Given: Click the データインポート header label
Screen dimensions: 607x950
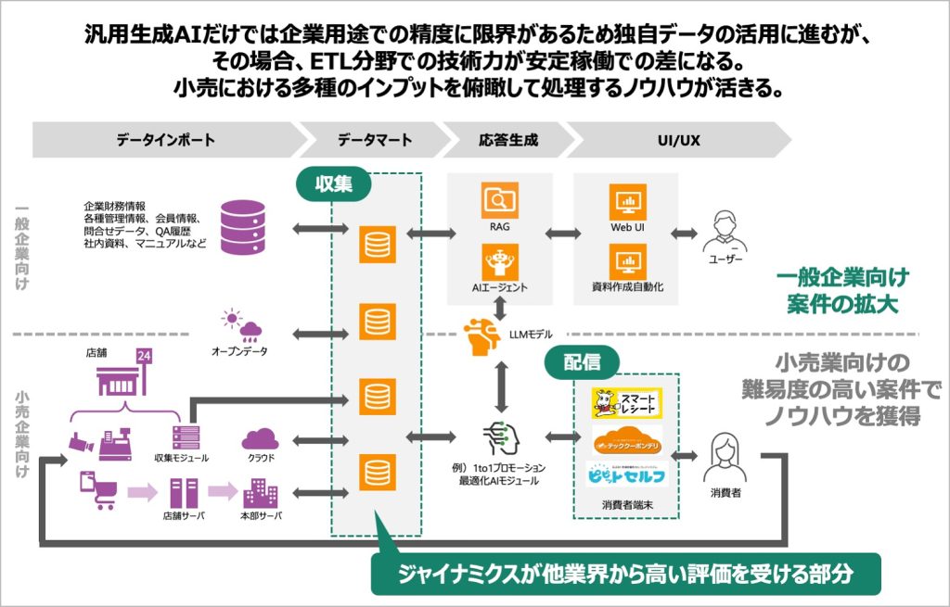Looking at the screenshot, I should [166, 140].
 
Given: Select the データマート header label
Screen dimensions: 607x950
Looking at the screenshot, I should [375, 140].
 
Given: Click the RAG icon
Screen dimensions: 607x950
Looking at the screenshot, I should [499, 201].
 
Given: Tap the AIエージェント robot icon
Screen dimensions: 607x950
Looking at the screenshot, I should [499, 260].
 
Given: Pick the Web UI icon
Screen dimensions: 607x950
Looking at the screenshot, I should [627, 201].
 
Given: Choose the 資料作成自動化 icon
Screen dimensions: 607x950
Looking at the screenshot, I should [627, 260].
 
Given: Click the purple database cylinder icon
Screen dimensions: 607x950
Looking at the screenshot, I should [243, 225].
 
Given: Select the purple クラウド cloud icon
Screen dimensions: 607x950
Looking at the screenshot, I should [260, 438].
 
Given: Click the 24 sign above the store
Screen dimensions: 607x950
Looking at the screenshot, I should [144, 358].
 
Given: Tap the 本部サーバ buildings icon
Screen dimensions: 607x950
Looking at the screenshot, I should [260, 491].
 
